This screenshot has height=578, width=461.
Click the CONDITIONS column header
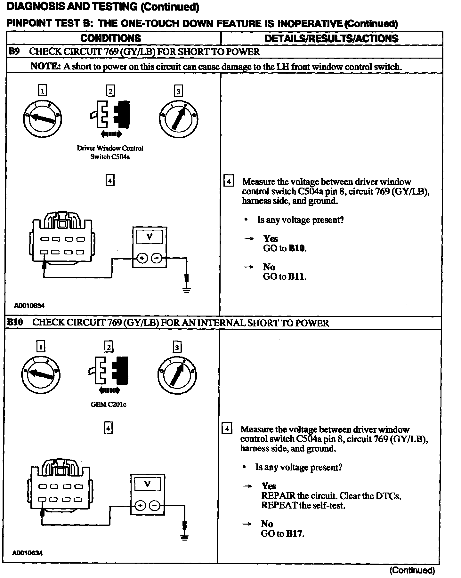coord(110,38)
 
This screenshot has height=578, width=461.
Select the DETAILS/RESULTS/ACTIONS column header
coord(331,39)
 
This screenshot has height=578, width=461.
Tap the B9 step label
coord(14,52)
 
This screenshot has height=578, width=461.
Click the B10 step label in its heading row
coord(15,322)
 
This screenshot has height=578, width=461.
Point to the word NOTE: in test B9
coord(45,67)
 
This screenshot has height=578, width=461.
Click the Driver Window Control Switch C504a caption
coord(110,152)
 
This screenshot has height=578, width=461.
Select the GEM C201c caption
coord(109,404)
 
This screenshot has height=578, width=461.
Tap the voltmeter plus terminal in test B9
coord(142,258)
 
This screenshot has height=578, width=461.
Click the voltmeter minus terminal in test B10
coord(155,505)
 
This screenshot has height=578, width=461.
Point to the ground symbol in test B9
coord(187,290)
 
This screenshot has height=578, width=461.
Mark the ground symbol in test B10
coord(184,537)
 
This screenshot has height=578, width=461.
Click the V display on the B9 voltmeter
coord(149,237)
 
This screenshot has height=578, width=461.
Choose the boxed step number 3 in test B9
coord(178,91)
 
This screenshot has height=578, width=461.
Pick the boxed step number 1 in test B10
coord(41,347)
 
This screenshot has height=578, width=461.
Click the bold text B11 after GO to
coord(297,277)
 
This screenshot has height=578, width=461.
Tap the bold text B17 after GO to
coord(295,534)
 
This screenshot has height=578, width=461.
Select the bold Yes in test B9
coord(271,238)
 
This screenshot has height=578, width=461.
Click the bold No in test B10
coord(267,524)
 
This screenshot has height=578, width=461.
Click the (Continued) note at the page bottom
coord(412,570)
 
